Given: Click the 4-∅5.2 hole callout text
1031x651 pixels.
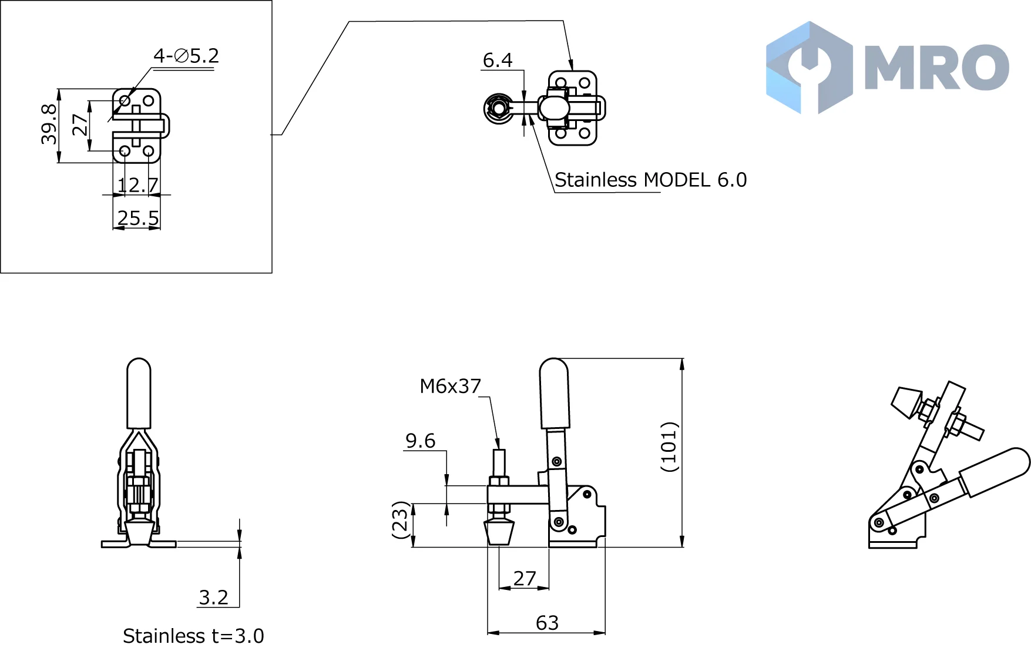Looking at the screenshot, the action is [186, 56].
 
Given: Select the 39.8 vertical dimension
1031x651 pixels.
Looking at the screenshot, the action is [49, 124].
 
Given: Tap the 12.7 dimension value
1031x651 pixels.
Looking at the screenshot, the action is [137, 185].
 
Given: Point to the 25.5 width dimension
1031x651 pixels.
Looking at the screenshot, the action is [137, 218].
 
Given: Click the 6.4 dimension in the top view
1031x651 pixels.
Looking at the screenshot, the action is [498, 60].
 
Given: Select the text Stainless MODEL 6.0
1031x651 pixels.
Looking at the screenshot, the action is [650, 180].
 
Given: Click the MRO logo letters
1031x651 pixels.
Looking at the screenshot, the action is [937, 67].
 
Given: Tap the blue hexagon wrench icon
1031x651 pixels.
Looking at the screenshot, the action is [810, 68].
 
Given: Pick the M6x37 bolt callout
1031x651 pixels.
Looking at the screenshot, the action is [450, 386].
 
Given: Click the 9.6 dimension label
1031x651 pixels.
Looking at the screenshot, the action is [421, 441].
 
